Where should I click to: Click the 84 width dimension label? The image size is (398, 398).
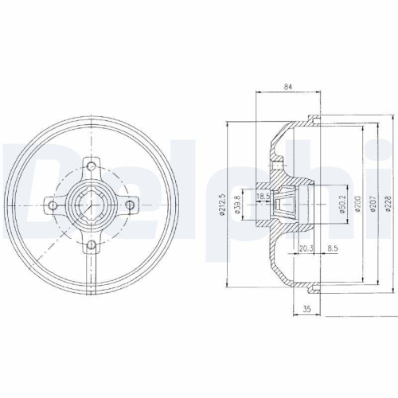pyautogui.click(x=288, y=87)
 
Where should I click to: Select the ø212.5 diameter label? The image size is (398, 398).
pyautogui.click(x=222, y=204)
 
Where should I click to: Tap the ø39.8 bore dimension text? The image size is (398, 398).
pyautogui.click(x=237, y=205)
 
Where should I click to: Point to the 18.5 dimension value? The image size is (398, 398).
pyautogui.click(x=263, y=197)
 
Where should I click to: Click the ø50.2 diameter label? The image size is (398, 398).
pyautogui.click(x=341, y=204)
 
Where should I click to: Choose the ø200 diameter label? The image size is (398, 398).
pyautogui.click(x=357, y=204)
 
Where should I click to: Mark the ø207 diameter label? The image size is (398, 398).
pyautogui.click(x=373, y=204)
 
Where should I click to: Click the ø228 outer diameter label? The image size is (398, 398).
pyautogui.click(x=388, y=204)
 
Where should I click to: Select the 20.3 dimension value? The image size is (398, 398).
pyautogui.click(x=306, y=248)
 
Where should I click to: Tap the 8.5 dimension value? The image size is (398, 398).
pyautogui.click(x=333, y=248)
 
